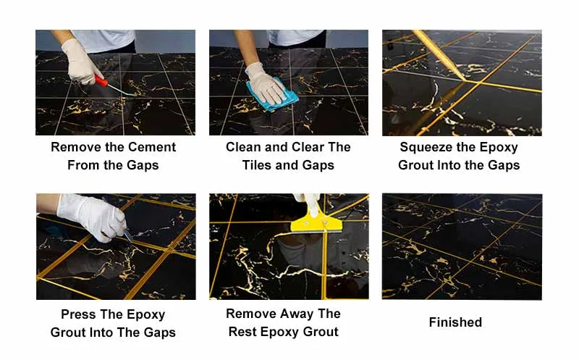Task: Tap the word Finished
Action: [x=455, y=322]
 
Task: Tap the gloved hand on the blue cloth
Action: [x=265, y=81]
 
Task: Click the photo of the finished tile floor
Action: [x=462, y=246]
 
